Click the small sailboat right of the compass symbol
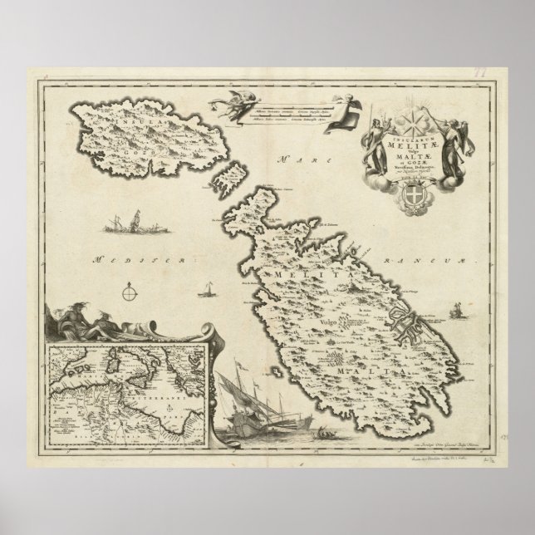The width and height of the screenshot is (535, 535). tap(204, 291)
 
